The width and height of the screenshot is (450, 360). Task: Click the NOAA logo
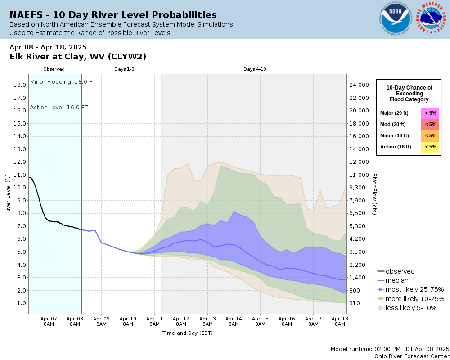pos(395,19)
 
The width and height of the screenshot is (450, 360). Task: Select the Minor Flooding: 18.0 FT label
pos(63,82)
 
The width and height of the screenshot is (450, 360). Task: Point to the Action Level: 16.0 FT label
pos(58,108)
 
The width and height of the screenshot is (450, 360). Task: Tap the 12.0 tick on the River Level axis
pos(19,162)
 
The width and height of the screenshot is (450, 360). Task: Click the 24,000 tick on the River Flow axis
pos(360,85)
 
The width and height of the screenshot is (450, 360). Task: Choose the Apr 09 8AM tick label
pos(101,321)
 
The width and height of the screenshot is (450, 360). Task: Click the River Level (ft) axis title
pos(8,193)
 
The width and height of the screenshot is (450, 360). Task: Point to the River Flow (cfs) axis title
pos(374,193)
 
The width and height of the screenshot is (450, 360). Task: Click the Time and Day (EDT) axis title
pos(187,333)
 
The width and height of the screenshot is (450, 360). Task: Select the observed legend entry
pos(400,271)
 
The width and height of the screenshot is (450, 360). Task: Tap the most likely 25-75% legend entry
pos(411,290)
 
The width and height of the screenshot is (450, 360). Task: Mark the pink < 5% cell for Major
pos(430,113)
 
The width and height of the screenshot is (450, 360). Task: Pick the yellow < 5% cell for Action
pos(430,147)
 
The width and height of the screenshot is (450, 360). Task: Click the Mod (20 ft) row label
pos(393,125)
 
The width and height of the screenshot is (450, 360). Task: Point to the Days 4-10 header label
pos(255,69)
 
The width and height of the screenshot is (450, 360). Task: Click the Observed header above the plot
pos(54,69)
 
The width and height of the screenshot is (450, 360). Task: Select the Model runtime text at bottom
pos(390,349)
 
